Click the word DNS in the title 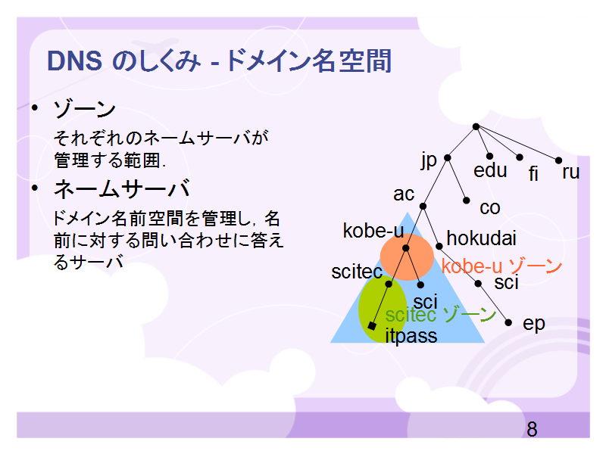coord(74,61)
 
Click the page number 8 coord(532,429)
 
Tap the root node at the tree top coord(476,126)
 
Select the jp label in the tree coord(429,160)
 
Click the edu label coord(490,170)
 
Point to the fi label coord(533,173)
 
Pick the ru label coord(571,172)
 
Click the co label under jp coord(489,208)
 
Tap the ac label coord(404,194)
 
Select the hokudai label coord(481,238)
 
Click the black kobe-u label coord(373,231)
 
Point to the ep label coord(534,325)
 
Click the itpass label coord(411,336)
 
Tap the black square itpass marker coord(372,326)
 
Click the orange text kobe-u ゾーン coord(501,266)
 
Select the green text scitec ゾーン coord(441,315)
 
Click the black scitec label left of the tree coord(357,272)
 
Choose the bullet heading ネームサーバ coord(122,188)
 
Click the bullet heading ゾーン coord(85,109)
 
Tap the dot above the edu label coord(489,157)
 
